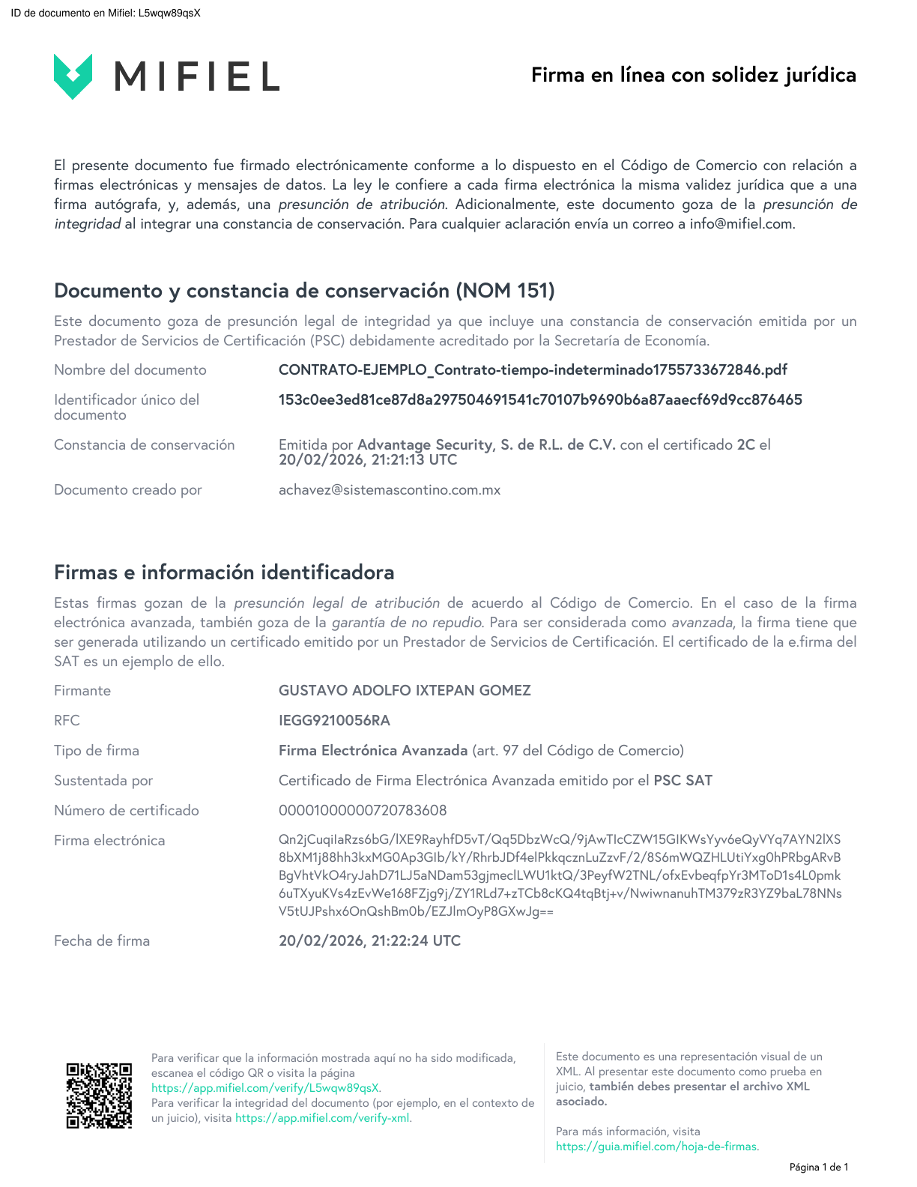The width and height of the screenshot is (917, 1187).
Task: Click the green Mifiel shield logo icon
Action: pos(73,76)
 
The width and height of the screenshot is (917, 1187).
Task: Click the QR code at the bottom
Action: pos(99,1095)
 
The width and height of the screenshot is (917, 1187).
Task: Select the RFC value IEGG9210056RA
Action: pos(334,721)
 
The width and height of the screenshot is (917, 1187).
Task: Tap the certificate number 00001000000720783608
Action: pos(363,811)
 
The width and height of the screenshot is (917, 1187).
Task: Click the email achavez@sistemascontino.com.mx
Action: pos(390,490)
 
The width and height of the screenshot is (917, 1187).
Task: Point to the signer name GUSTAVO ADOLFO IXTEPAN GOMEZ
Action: pos(405,691)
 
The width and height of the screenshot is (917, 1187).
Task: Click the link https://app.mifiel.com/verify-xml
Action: pos(323,1118)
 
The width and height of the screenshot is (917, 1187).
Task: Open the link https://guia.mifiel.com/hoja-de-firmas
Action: pos(656,1147)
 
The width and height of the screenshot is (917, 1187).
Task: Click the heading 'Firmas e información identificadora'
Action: pos(224,573)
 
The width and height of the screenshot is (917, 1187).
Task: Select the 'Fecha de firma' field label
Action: pos(102,941)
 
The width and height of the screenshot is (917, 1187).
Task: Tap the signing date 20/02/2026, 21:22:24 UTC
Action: pos(369,941)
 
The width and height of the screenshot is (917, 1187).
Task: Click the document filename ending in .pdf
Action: pos(533,370)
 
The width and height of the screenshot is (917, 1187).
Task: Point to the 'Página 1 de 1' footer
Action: pos(819,1167)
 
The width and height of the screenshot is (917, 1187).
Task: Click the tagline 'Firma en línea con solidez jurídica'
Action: pos(693,75)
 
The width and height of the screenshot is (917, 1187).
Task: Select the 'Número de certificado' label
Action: pos(127,811)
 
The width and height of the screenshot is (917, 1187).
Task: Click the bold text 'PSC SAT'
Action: pos(683,781)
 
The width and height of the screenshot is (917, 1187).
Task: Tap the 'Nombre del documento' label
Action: pos(130,370)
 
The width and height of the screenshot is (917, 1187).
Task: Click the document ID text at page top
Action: pos(106,13)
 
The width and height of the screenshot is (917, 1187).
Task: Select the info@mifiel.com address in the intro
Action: pos(741,224)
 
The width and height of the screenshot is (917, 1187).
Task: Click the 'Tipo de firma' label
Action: pos(97,751)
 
